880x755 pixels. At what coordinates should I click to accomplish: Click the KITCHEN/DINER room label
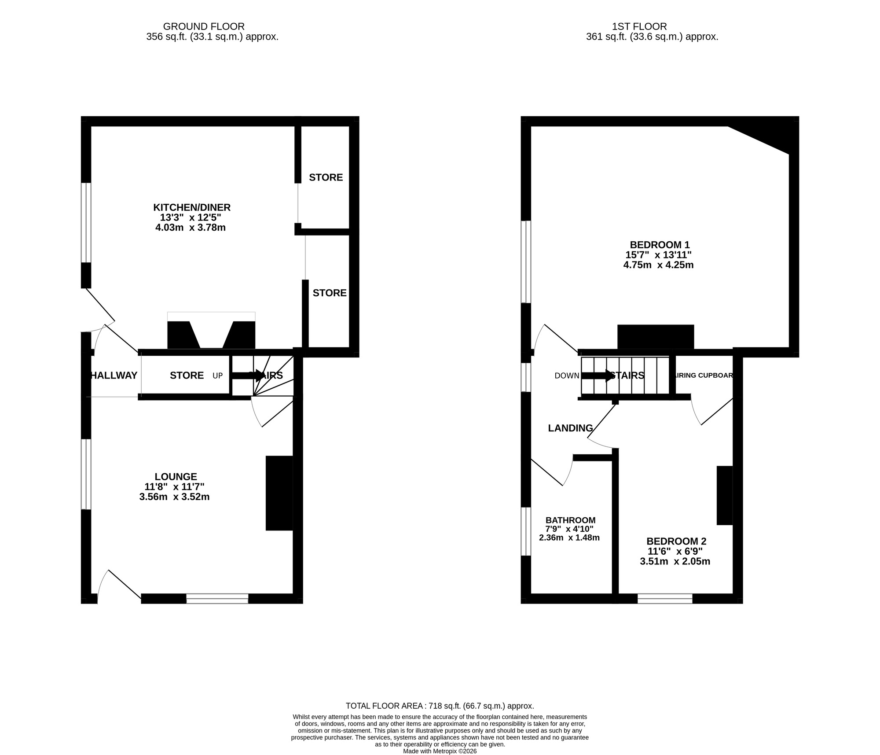tap(191, 207)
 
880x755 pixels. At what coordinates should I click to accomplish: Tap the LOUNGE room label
tap(176, 476)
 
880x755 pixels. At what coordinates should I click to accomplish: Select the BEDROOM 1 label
tap(660, 245)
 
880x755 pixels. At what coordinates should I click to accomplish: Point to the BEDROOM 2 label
tap(676, 541)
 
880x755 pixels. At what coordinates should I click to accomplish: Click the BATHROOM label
tap(570, 520)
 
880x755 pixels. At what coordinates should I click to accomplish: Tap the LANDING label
tap(570, 428)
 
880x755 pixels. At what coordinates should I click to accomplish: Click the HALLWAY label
tap(114, 376)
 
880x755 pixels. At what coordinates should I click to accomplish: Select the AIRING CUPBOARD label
tap(703, 376)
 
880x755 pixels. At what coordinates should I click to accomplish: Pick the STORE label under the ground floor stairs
tap(187, 376)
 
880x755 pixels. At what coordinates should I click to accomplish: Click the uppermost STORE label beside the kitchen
tap(326, 177)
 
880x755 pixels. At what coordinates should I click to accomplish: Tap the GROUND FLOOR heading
tap(203, 26)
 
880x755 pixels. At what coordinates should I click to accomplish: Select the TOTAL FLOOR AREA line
tap(440, 706)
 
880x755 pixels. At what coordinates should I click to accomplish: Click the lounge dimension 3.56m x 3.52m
tap(174, 497)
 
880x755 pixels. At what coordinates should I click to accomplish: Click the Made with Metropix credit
tap(440, 751)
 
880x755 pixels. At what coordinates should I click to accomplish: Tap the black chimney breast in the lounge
tap(279, 493)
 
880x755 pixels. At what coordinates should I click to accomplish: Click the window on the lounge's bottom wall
tap(217, 598)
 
